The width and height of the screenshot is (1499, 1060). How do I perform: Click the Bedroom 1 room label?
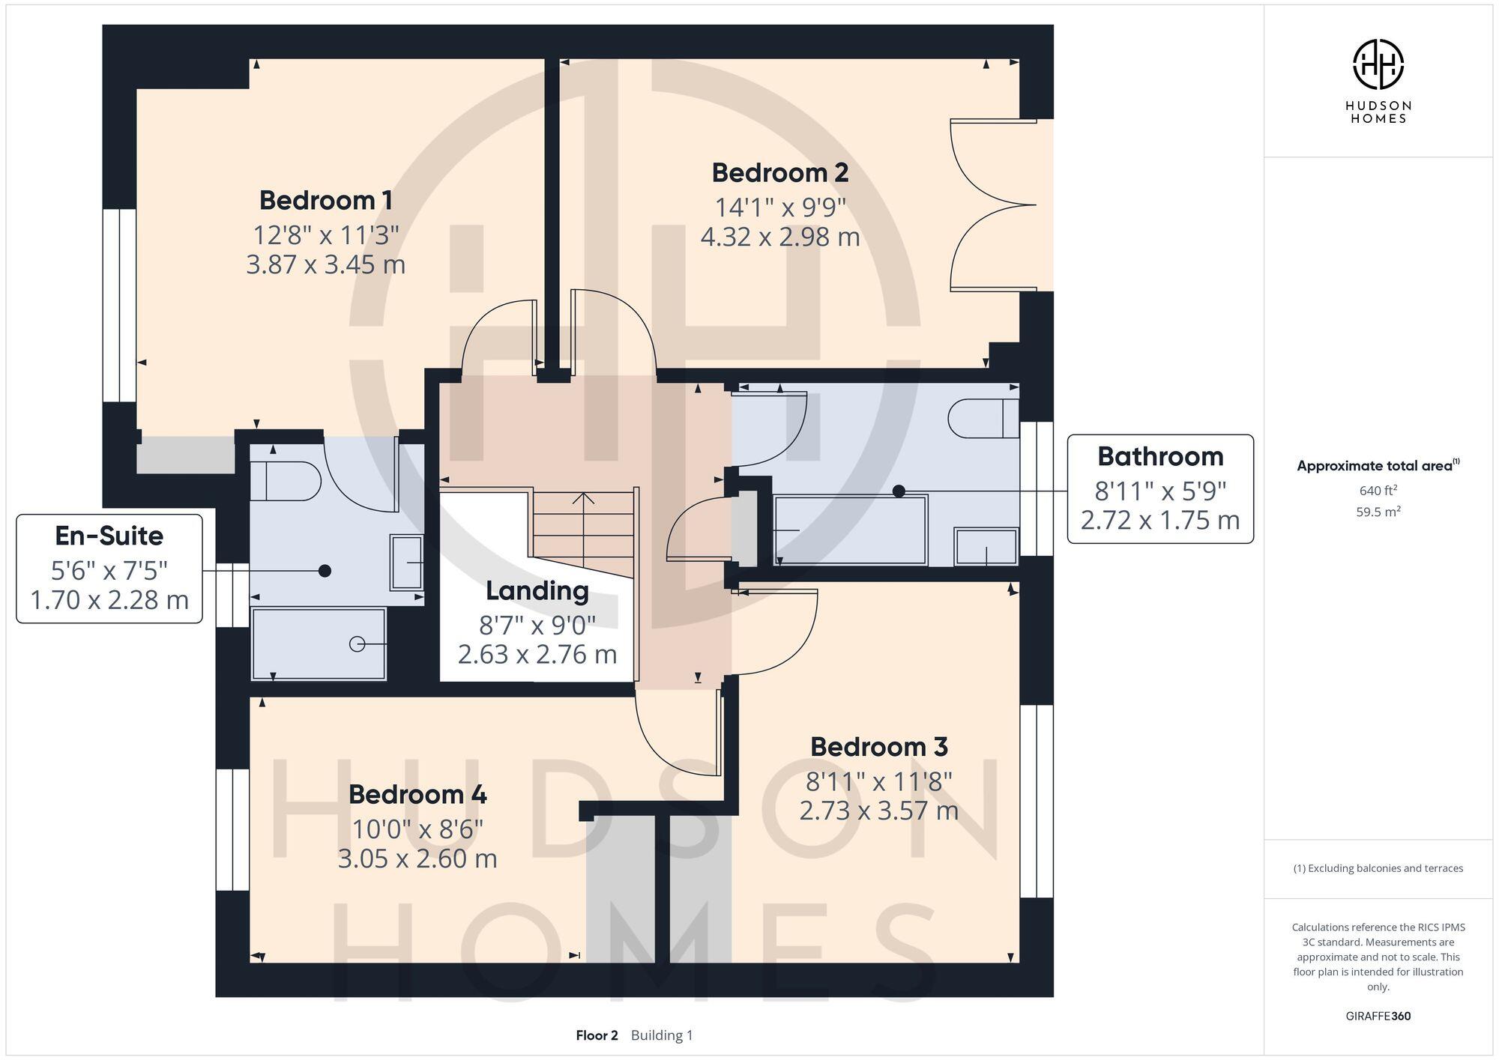325,201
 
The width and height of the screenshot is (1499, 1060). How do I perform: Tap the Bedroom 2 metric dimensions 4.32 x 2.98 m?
779,237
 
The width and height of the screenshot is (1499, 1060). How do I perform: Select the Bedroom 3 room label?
878,747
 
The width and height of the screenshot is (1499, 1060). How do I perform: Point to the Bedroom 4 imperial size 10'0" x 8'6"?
417,829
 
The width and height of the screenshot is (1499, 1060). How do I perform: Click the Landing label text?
537,591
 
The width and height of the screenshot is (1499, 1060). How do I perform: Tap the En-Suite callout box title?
109,536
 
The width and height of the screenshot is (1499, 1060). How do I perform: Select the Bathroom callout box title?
1159,456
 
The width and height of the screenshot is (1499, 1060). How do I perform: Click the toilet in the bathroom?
983,418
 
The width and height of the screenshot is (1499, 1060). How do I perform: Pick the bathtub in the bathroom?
850,530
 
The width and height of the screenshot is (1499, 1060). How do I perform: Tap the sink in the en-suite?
407,562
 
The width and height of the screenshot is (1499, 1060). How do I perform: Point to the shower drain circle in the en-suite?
358,643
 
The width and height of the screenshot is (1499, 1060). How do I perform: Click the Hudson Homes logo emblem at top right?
1378,64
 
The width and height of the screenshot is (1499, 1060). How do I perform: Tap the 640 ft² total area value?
1378,491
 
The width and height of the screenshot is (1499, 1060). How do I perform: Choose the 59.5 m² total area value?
1378,512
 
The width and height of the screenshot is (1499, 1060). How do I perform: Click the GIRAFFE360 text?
1378,1017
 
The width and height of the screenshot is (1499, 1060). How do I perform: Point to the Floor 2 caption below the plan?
597,1036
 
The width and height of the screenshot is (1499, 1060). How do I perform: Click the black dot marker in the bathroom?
899,491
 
